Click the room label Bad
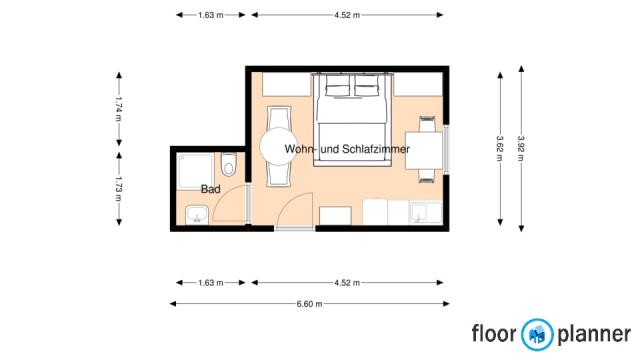[211, 189]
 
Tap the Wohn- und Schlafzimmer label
[347, 149]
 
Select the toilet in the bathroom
[229, 164]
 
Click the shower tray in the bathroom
[195, 171]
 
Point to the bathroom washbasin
[197, 215]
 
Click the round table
[279, 147]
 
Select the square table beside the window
[424, 150]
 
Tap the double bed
[352, 119]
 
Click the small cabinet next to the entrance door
[335, 216]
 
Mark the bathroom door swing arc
[229, 203]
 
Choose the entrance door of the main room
[294, 210]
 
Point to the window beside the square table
[446, 149]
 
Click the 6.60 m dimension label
[309, 304]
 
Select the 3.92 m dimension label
[521, 148]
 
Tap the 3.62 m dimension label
[500, 148]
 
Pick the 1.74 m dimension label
[119, 109]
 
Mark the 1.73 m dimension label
[119, 189]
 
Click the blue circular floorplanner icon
[537, 335]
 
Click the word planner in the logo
[594, 334]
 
